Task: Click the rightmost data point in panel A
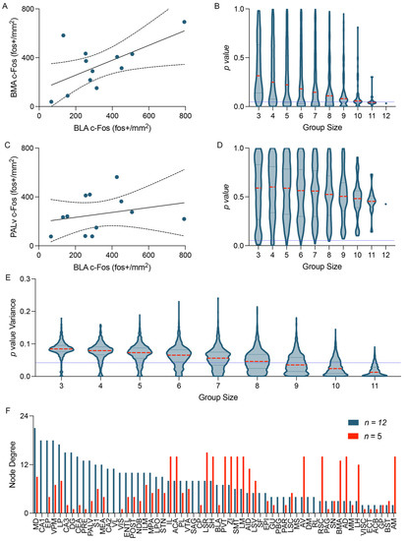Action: (184, 22)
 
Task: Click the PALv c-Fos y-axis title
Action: (9, 196)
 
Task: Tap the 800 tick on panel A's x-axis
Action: (184, 116)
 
